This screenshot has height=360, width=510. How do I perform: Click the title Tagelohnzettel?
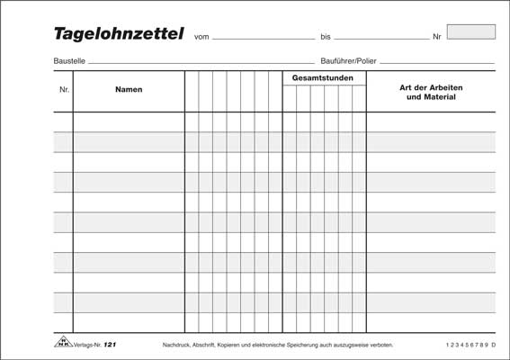(x=119, y=35)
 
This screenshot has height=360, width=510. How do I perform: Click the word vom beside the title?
(x=201, y=38)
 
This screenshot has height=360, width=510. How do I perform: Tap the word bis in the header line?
(x=326, y=38)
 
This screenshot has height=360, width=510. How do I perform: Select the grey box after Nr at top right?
(x=470, y=31)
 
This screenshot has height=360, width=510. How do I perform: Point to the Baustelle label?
(x=69, y=61)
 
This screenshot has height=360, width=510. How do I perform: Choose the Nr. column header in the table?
(x=63, y=90)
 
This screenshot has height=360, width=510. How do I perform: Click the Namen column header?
(x=129, y=90)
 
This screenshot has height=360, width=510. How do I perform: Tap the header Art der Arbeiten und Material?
(x=431, y=91)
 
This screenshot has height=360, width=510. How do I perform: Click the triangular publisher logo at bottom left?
(x=62, y=343)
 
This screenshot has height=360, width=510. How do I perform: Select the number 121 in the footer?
(x=110, y=345)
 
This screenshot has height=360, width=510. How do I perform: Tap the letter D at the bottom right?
(x=494, y=345)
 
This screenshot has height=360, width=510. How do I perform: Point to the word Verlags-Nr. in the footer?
(x=85, y=345)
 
